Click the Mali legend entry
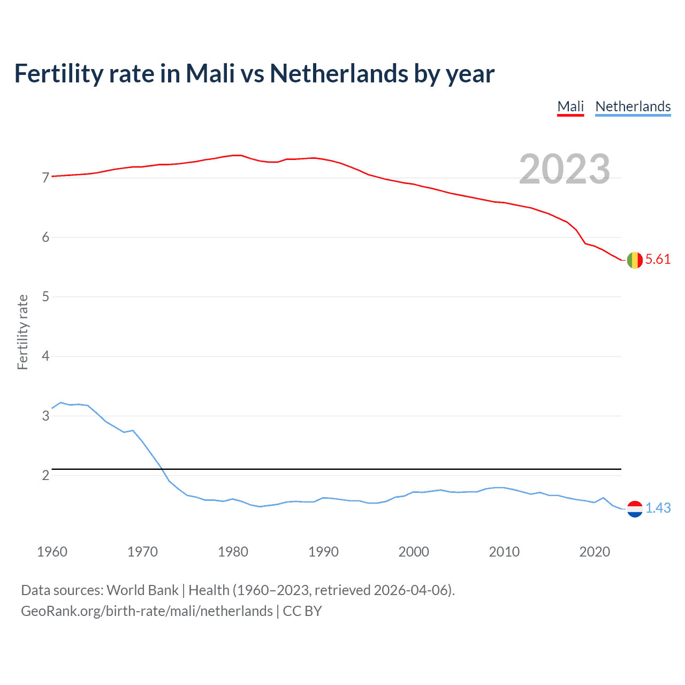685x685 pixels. [570, 106]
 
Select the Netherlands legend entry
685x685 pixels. [633, 106]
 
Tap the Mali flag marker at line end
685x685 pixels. [635, 260]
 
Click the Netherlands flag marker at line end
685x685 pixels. [635, 508]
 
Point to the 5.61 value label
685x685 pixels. [658, 260]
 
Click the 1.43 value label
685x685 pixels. [658, 508]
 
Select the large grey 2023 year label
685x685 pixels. [565, 169]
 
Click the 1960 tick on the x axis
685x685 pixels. [52, 552]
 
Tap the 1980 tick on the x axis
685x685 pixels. [233, 552]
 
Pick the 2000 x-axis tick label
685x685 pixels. [414, 552]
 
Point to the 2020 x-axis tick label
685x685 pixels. [595, 552]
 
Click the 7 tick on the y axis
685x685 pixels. [45, 178]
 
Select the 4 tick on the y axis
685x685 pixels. [45, 356]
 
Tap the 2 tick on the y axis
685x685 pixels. [45, 475]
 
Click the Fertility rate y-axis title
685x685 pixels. [22, 332]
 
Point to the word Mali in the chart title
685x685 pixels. [210, 74]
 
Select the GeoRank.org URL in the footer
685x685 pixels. [147, 611]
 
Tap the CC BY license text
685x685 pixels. [302, 611]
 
